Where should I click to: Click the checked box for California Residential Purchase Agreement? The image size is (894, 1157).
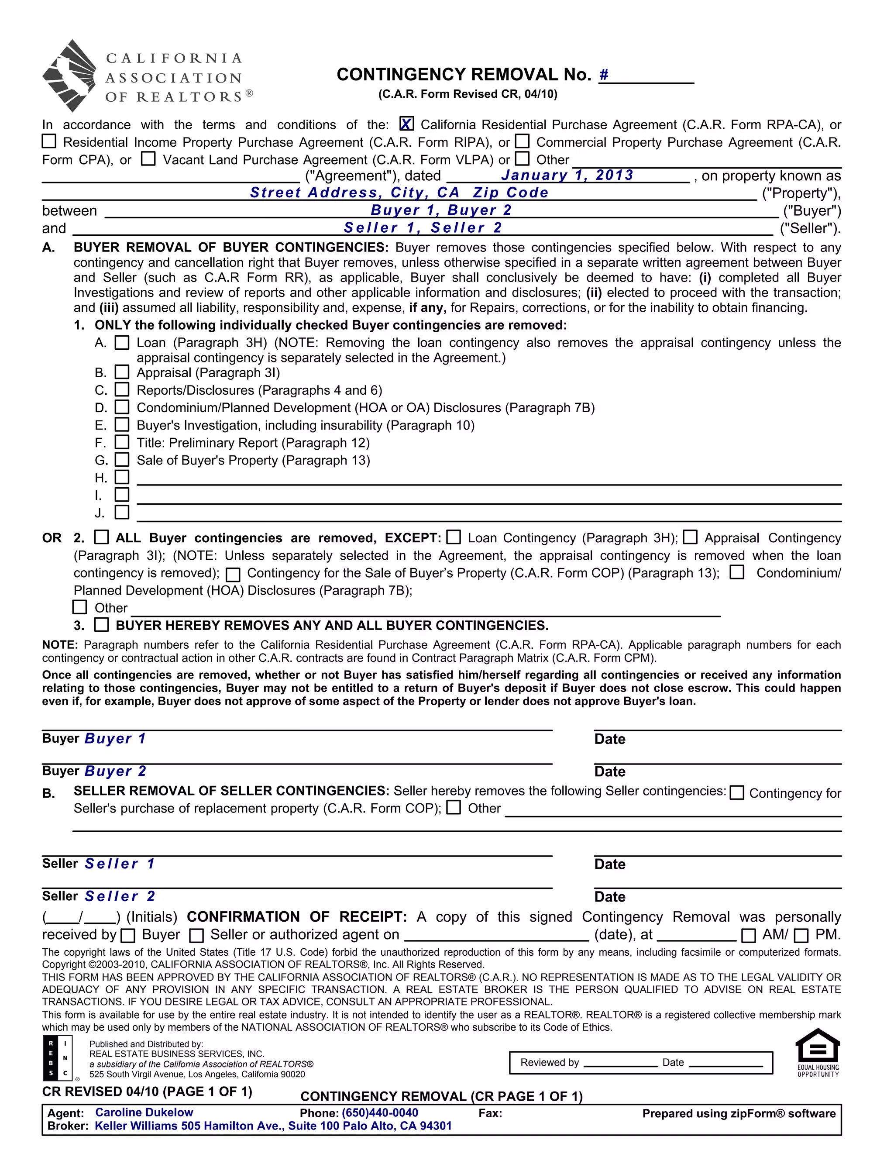coord(406,124)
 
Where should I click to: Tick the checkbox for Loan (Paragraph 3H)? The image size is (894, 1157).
coord(122,343)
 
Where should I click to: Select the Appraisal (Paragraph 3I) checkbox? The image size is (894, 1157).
coord(122,372)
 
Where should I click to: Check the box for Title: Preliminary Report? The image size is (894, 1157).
coord(122,442)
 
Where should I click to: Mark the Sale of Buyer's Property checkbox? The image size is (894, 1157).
coord(122,460)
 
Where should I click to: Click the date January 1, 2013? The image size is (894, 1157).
coord(567,176)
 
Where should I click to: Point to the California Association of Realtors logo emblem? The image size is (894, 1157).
coord(69,76)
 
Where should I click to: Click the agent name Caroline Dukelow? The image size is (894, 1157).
coord(144,1112)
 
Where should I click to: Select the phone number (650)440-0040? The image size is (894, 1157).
coord(380,1112)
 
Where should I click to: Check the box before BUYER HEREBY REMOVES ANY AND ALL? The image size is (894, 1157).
coord(101,625)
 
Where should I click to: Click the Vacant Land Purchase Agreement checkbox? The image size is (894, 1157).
coord(148,159)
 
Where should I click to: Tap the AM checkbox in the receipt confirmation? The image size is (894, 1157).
coord(748,936)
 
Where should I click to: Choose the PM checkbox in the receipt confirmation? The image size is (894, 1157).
coord(801,936)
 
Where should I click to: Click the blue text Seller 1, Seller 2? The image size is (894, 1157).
coord(423,228)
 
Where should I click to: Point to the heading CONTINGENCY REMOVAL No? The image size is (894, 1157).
coord(464,75)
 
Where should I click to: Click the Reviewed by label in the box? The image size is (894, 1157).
coord(549,1062)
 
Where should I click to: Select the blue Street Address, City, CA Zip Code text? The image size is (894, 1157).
coord(399,193)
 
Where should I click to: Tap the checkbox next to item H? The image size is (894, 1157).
coord(122,477)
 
